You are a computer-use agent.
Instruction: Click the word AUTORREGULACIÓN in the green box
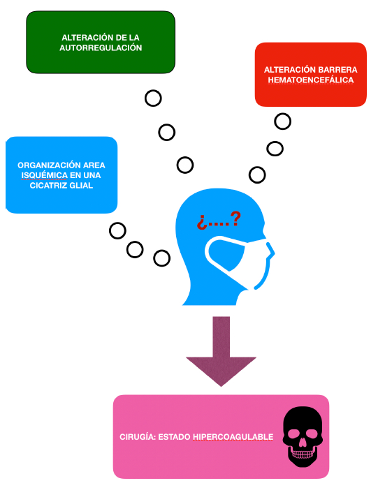point(101,47)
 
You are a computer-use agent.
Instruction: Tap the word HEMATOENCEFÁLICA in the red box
point(311,80)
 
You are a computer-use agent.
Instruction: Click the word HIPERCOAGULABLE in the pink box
point(233,436)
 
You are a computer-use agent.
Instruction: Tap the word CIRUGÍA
point(138,436)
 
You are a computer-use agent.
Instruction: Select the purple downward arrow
point(221,351)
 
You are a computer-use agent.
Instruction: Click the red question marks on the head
point(219,221)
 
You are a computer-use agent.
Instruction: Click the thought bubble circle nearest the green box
point(153,98)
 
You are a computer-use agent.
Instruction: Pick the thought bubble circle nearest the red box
point(282,121)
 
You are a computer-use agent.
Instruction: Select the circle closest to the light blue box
point(117,231)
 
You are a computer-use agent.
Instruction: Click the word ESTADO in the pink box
point(174,436)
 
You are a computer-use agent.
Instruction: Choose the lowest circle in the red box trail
point(257,175)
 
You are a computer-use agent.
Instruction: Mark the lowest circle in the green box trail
point(185,165)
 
